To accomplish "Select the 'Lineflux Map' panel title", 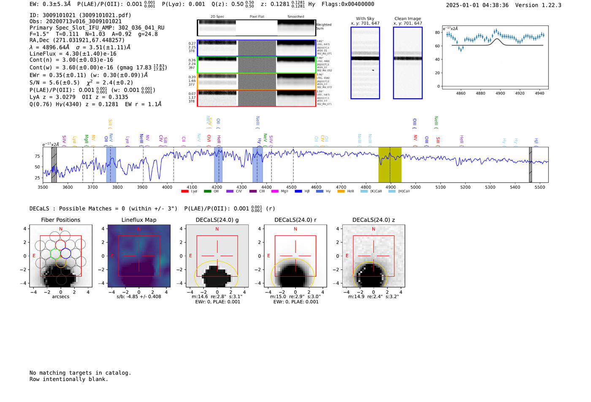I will coord(138,220).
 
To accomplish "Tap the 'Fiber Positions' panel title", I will coord(60,220).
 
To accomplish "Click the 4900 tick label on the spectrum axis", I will coord(390,187).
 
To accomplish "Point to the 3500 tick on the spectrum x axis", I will coord(43,187).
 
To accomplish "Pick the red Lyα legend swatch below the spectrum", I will coord(184,192).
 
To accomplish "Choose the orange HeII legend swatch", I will coord(341,192).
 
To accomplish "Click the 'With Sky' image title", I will coord(365,19).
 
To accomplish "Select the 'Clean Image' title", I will coord(407,19).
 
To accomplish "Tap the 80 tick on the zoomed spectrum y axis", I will coord(437,32).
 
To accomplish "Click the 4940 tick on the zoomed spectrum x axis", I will coord(539,93).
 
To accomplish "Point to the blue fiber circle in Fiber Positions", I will coord(65,254).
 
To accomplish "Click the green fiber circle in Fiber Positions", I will coord(55,254).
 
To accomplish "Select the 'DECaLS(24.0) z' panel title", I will coord(373,220).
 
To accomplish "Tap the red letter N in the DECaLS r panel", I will coord(295,229).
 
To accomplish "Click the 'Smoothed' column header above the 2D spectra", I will coord(295,17).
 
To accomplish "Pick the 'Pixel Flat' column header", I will coord(257,17).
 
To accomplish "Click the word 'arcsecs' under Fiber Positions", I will coord(60,297).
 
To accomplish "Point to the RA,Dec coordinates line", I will coord(77,40).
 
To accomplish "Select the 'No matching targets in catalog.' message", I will coord(80,373).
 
